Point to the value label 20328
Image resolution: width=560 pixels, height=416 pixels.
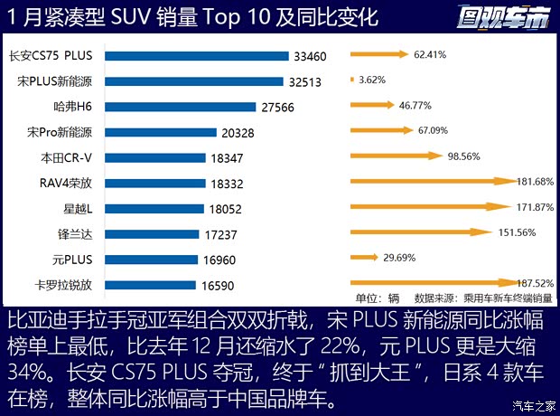click(x=236, y=132)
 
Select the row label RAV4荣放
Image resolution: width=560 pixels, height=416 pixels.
click(x=67, y=183)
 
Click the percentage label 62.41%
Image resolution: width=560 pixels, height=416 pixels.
click(x=430, y=54)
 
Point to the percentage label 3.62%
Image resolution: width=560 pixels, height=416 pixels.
click(x=372, y=80)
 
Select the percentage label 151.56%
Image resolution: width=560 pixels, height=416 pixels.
click(x=517, y=232)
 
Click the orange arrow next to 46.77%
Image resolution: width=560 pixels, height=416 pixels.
click(x=372, y=105)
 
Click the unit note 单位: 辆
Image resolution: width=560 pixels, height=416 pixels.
click(x=378, y=298)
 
